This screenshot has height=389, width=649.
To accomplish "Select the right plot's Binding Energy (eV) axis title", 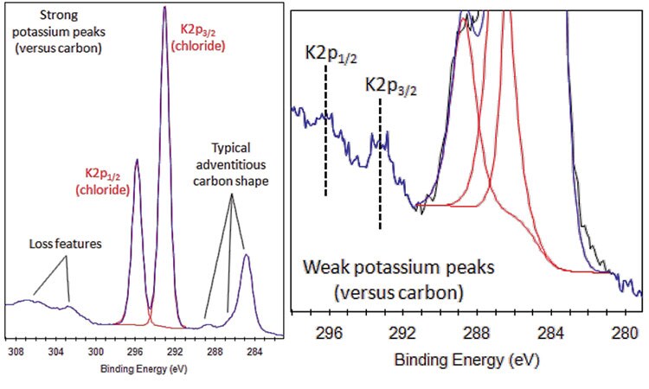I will tap(466, 359).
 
